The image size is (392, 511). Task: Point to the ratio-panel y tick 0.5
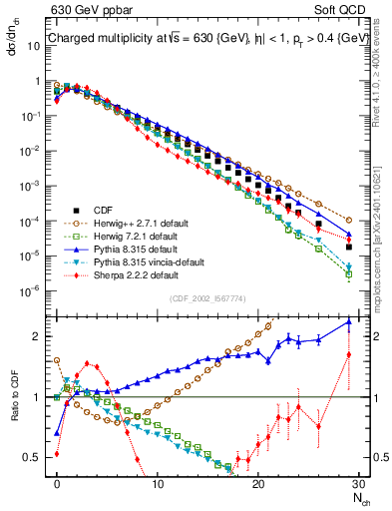pyautogui.click(x=38, y=458)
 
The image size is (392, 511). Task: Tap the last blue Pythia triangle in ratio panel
pyautogui.click(x=348, y=321)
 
